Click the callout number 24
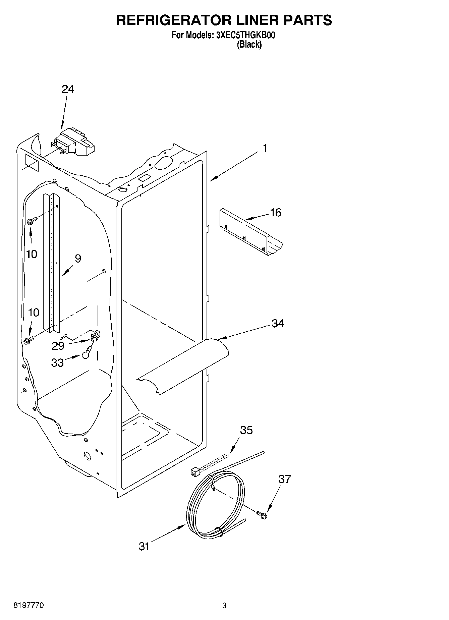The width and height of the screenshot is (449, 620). pyautogui.click(x=68, y=89)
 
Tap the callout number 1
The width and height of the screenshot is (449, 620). pyautogui.click(x=265, y=148)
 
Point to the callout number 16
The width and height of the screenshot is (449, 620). pyautogui.click(x=275, y=213)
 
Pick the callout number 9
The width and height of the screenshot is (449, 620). pyautogui.click(x=77, y=259)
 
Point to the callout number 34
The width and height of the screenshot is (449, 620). pyautogui.click(x=278, y=324)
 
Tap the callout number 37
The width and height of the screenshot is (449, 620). pyautogui.click(x=284, y=479)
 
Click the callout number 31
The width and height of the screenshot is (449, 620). pyautogui.click(x=144, y=547)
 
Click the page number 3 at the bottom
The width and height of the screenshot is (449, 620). pyautogui.click(x=224, y=606)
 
